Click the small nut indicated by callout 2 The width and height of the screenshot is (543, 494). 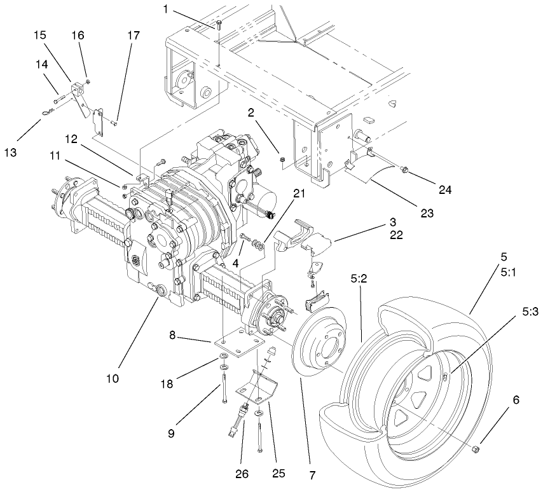[x=282, y=157]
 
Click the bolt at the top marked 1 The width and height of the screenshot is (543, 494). [x=218, y=25]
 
